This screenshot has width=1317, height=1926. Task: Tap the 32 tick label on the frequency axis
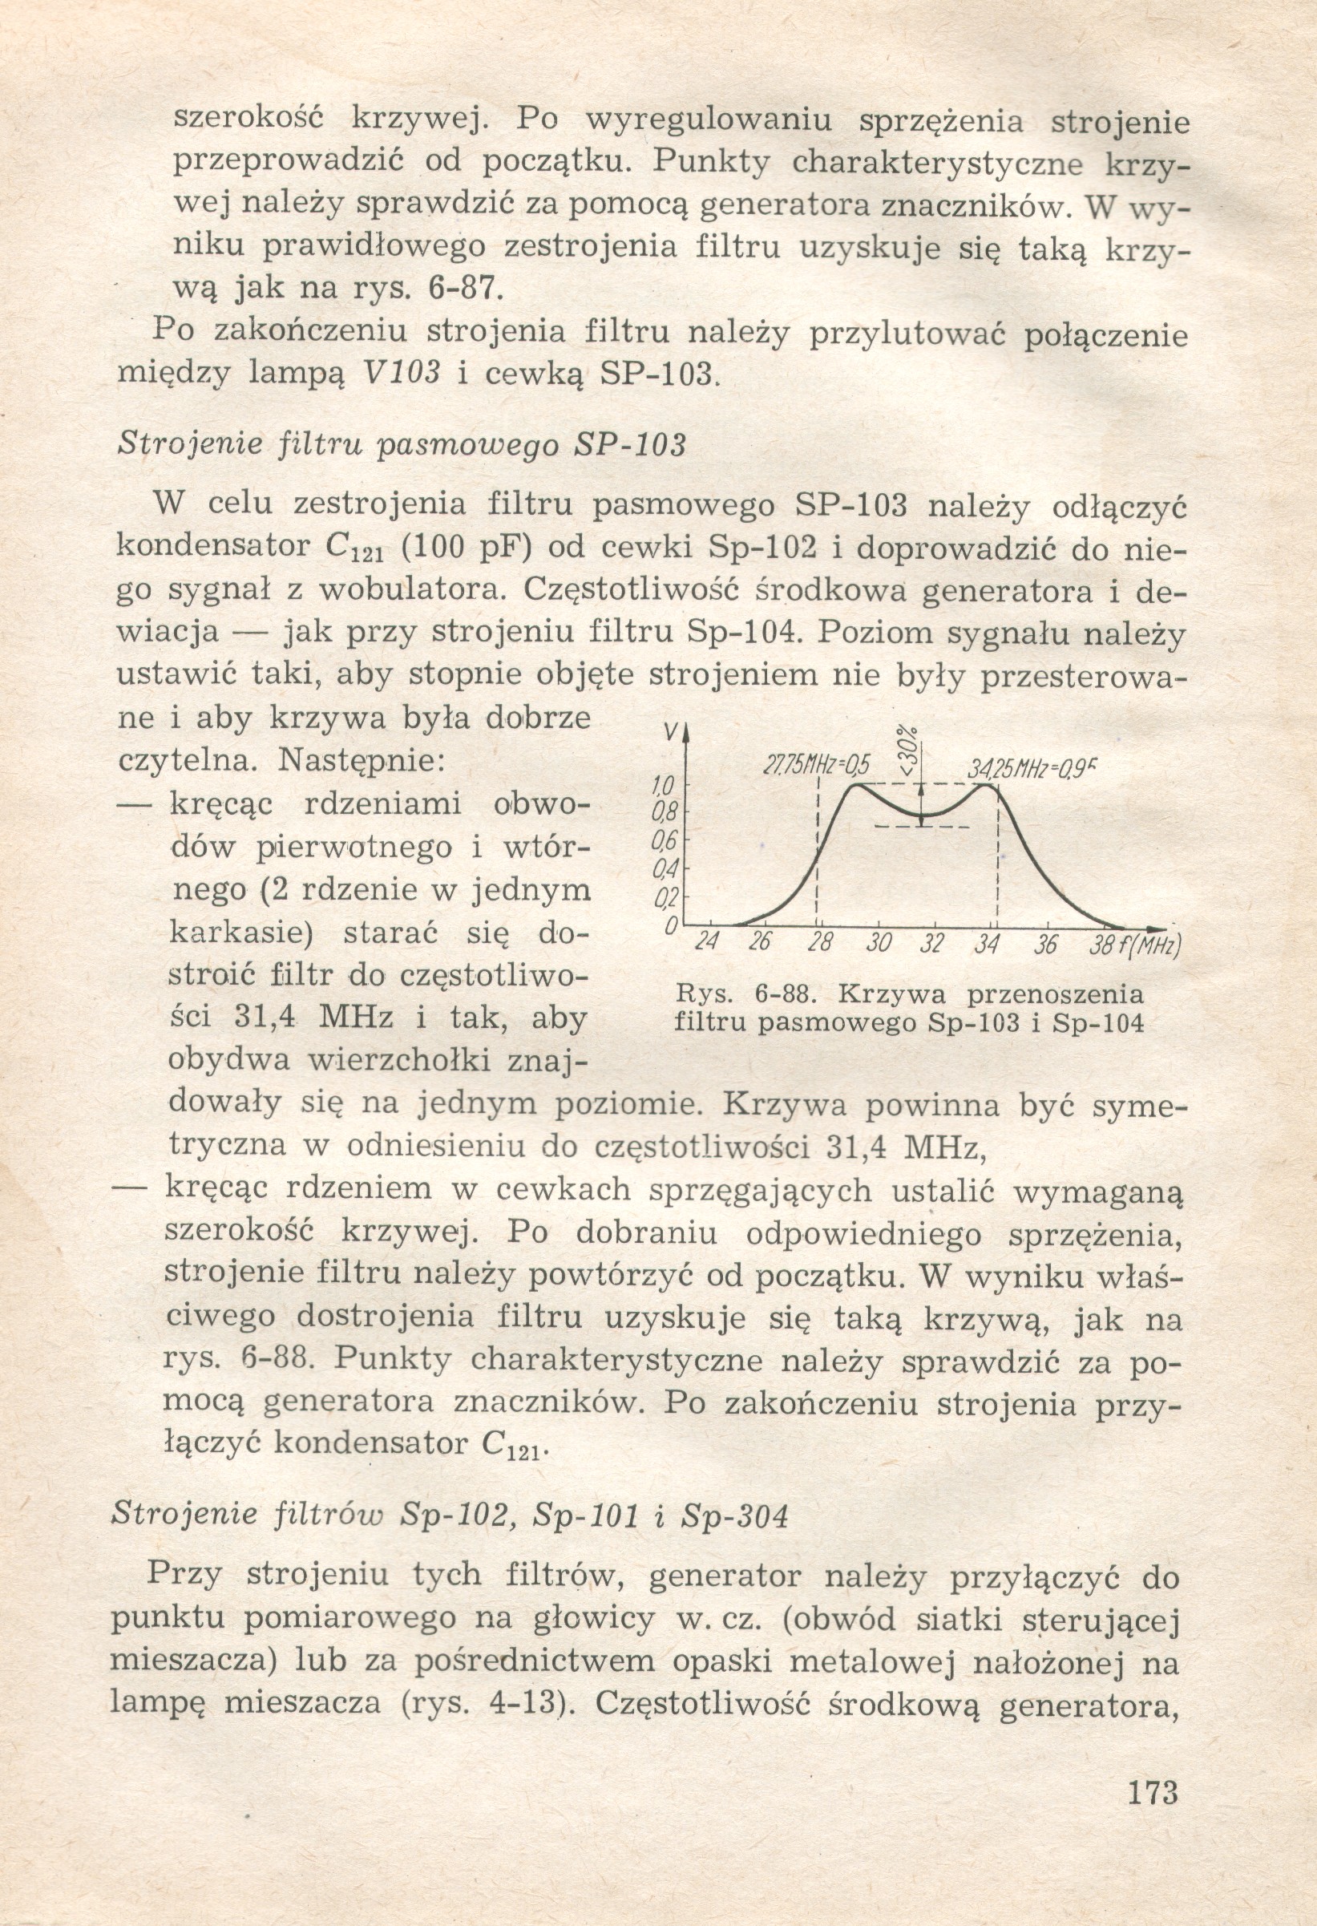click(931, 944)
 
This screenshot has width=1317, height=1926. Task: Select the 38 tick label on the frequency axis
click(1101, 945)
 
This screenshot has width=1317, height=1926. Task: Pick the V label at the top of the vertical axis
click(675, 732)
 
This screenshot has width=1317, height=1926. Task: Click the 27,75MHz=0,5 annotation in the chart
click(814, 767)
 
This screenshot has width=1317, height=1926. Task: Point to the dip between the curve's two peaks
click(922, 815)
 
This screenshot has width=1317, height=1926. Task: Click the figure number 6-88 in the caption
click(782, 993)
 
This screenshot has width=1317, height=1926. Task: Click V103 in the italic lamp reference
click(401, 373)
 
